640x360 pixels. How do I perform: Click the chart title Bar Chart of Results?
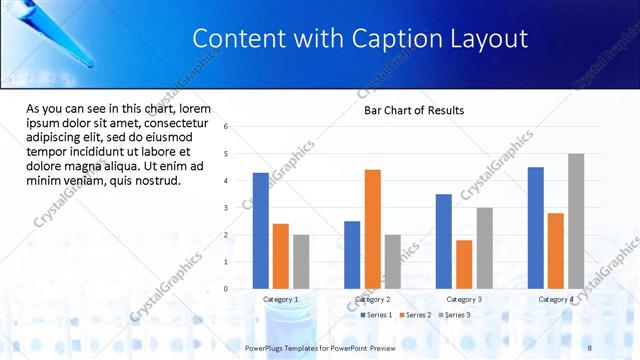pyautogui.click(x=413, y=110)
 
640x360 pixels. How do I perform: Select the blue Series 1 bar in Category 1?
pyautogui.click(x=260, y=230)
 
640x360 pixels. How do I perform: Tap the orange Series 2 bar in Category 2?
pyautogui.click(x=372, y=228)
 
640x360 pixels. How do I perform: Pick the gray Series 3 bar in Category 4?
pyautogui.click(x=576, y=221)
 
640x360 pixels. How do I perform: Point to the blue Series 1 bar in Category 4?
pyautogui.click(x=535, y=227)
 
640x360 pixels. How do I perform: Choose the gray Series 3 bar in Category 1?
pyautogui.click(x=301, y=261)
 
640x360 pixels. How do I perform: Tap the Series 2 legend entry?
pyautogui.click(x=415, y=315)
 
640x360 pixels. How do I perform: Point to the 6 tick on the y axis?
pyautogui.click(x=226, y=127)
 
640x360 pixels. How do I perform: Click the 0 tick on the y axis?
pyautogui.click(x=226, y=289)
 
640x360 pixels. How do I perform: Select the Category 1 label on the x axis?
pyautogui.click(x=280, y=299)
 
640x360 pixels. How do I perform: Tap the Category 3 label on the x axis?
pyautogui.click(x=463, y=299)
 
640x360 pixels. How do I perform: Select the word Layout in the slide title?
pyautogui.click(x=484, y=39)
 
